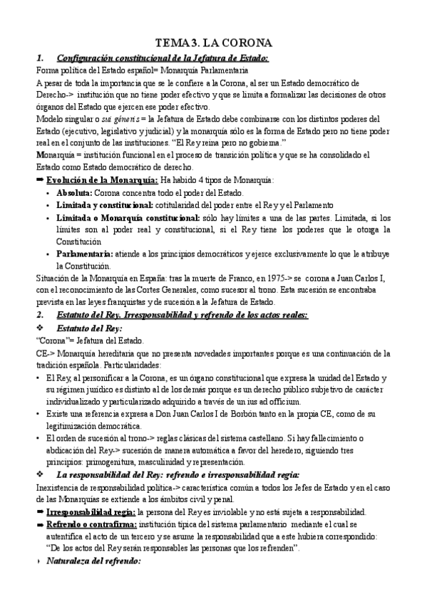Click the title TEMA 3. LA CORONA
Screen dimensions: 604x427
(214, 42)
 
